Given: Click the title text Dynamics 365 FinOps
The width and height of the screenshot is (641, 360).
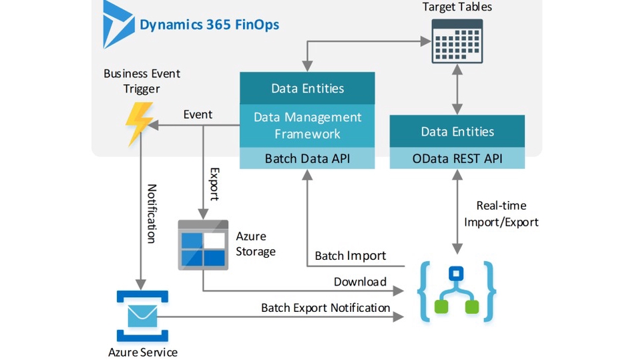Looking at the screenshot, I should [209, 25].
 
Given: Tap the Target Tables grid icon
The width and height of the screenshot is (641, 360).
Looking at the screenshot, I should [457, 41].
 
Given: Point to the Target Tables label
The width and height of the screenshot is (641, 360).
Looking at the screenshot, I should [457, 7].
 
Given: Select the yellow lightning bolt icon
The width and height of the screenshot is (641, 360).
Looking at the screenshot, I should [140, 124].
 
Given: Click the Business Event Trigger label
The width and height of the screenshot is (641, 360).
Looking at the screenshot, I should [142, 81].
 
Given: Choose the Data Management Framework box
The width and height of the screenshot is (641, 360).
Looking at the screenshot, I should [307, 126].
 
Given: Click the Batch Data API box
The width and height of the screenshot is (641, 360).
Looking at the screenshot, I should [307, 159].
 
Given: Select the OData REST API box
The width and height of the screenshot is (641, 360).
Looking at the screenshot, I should [457, 159].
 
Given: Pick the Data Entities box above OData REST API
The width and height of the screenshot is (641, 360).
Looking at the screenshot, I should [457, 132].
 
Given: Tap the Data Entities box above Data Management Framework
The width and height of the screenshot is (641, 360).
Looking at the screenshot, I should [307, 88].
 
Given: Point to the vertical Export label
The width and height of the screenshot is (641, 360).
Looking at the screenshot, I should [214, 184].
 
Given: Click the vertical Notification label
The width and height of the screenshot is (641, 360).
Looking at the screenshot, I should [152, 214].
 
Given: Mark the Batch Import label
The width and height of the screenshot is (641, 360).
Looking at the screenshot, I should [350, 256].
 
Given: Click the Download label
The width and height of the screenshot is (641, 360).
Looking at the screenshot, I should [360, 282].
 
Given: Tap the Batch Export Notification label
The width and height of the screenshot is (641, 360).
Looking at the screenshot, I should [325, 308].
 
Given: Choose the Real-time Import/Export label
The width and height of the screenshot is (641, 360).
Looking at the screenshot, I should [507, 214].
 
